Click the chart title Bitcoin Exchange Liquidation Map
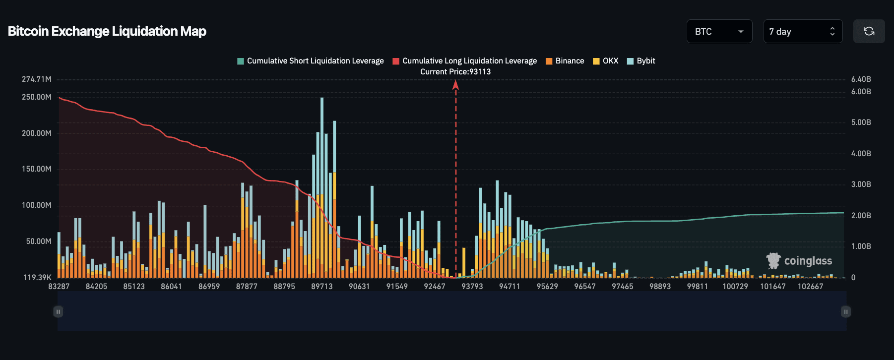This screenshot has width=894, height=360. [x=107, y=31]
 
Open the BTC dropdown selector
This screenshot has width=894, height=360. [x=719, y=31]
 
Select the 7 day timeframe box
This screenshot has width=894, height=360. [x=802, y=31]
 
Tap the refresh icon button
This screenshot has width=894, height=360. [x=869, y=31]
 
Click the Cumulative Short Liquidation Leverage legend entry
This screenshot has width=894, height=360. [x=311, y=61]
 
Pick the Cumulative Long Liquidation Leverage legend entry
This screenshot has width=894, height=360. [x=465, y=61]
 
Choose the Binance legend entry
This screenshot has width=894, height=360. [x=565, y=61]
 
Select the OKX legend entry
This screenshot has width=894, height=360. [x=606, y=61]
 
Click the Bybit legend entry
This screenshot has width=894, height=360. [x=641, y=61]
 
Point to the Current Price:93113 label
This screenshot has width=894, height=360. [x=455, y=72]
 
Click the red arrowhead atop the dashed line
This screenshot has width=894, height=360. [x=455, y=85]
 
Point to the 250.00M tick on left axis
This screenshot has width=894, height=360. [x=37, y=97]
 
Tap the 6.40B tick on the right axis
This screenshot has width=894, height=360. [x=861, y=79]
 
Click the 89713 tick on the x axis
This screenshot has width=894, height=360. [x=322, y=287]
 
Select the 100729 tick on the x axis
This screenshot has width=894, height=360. [x=735, y=287]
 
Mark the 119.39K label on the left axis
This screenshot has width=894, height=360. [x=38, y=278]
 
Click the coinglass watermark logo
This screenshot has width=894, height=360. [x=799, y=261]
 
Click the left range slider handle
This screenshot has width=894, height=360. [x=58, y=312]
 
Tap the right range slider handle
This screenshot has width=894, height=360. [x=846, y=312]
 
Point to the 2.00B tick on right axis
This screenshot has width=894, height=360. [x=861, y=216]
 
